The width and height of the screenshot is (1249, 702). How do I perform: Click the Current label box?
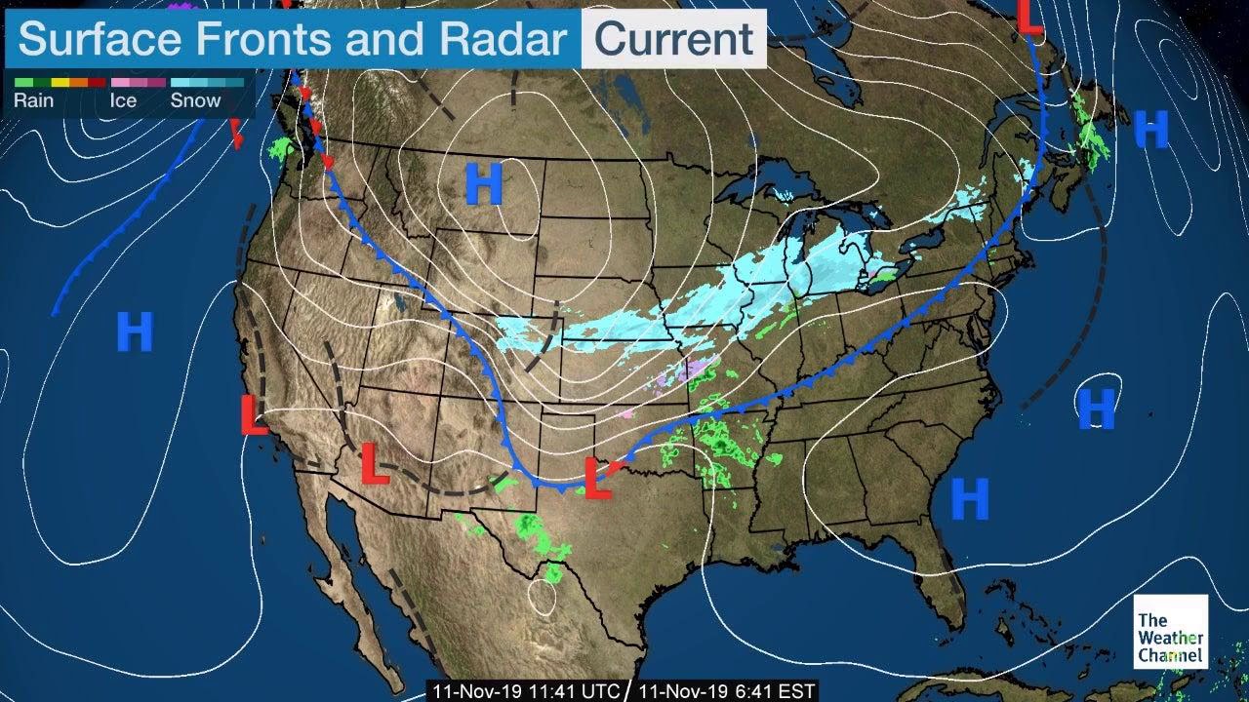pos(673,39)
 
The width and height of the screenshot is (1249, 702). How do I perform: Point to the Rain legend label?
pos(33,100)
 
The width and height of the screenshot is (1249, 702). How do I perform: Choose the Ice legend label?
pos(123,100)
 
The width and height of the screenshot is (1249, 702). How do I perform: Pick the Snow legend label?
pos(195,100)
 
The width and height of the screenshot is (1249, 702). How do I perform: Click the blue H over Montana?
pos(483,184)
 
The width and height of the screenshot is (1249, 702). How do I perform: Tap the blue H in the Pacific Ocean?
pos(135,332)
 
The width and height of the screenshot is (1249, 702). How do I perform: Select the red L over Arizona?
pos(374,463)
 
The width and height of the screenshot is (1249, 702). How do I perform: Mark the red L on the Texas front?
pos(597,478)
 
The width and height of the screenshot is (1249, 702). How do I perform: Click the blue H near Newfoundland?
pos(1151,129)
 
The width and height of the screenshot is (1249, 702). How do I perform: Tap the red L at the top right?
pos(1029,18)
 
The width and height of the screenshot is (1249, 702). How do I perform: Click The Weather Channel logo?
pos(1170,633)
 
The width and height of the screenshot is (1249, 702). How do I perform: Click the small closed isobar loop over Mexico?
pos(541,597)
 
